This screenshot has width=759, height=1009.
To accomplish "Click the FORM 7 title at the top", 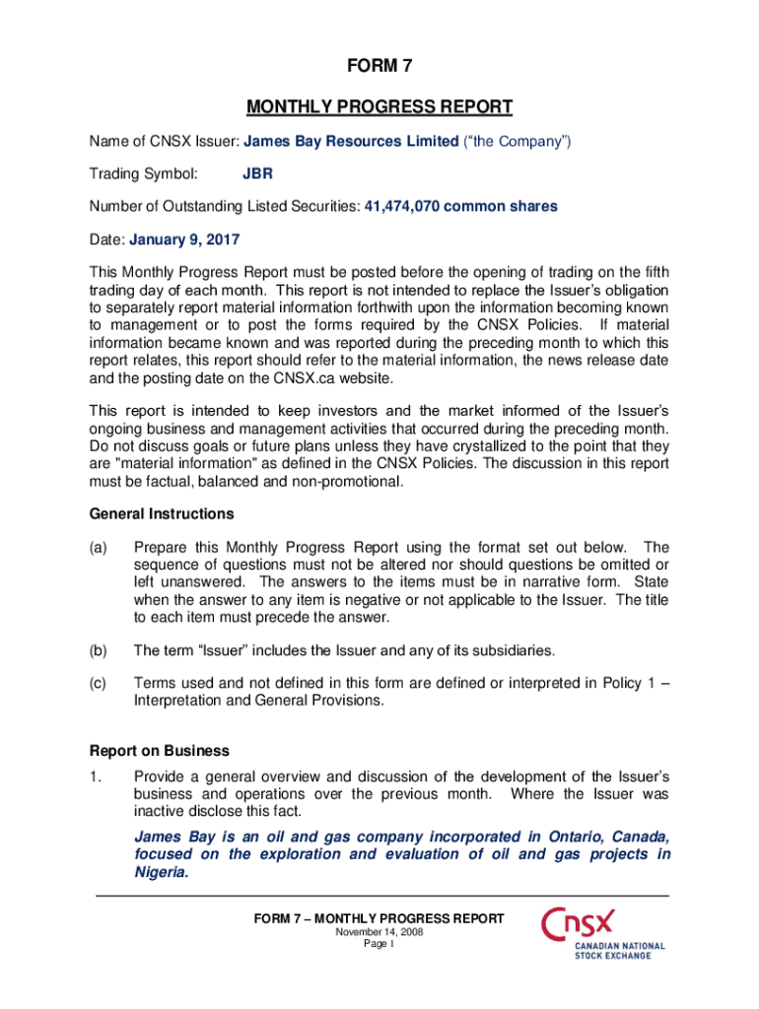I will [x=379, y=67].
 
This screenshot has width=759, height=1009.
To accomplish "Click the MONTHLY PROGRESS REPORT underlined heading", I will [x=379, y=106].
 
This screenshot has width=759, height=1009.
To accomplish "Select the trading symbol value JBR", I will [x=258, y=174].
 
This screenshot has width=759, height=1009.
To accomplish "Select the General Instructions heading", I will [x=148, y=514].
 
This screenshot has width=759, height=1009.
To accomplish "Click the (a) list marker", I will [x=100, y=547].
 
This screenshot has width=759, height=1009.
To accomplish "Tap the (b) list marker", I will [x=100, y=650].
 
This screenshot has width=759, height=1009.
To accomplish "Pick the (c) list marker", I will [x=100, y=683].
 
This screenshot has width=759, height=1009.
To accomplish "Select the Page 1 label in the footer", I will [x=379, y=944].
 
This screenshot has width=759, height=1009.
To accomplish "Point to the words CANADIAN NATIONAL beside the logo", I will [x=620, y=946].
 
